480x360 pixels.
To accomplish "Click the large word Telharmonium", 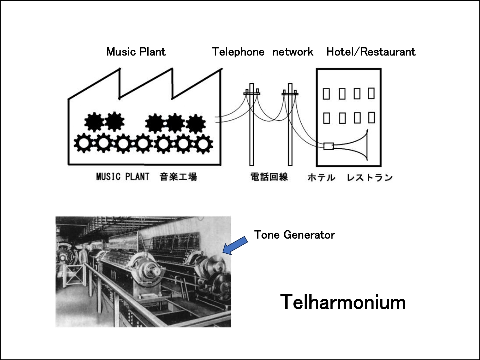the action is click(x=343, y=302).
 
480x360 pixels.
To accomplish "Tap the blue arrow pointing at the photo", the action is click(x=235, y=246).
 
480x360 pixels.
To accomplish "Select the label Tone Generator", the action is click(x=294, y=235).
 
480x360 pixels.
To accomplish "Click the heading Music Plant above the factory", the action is click(x=136, y=52).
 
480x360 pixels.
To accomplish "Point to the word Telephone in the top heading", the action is click(x=238, y=52).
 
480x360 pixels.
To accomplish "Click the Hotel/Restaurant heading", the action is click(x=371, y=52).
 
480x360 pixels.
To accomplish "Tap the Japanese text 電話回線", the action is click(x=269, y=177).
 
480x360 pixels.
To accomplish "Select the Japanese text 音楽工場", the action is click(x=178, y=177).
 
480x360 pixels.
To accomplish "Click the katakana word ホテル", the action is click(x=321, y=178).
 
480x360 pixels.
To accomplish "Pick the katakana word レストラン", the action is click(x=370, y=178).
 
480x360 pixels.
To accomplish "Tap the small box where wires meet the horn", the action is click(x=329, y=146).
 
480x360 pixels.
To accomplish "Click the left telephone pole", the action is click(x=252, y=124).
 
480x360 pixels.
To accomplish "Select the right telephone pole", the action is click(x=290, y=124).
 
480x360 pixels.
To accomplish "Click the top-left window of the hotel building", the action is click(x=326, y=94).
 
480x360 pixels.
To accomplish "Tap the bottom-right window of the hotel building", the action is click(x=372, y=118).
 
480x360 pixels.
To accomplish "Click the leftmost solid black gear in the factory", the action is click(x=94, y=122).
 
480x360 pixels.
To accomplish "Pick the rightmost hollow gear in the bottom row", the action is click(x=203, y=144).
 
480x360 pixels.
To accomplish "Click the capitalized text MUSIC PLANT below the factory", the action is click(x=123, y=177).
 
